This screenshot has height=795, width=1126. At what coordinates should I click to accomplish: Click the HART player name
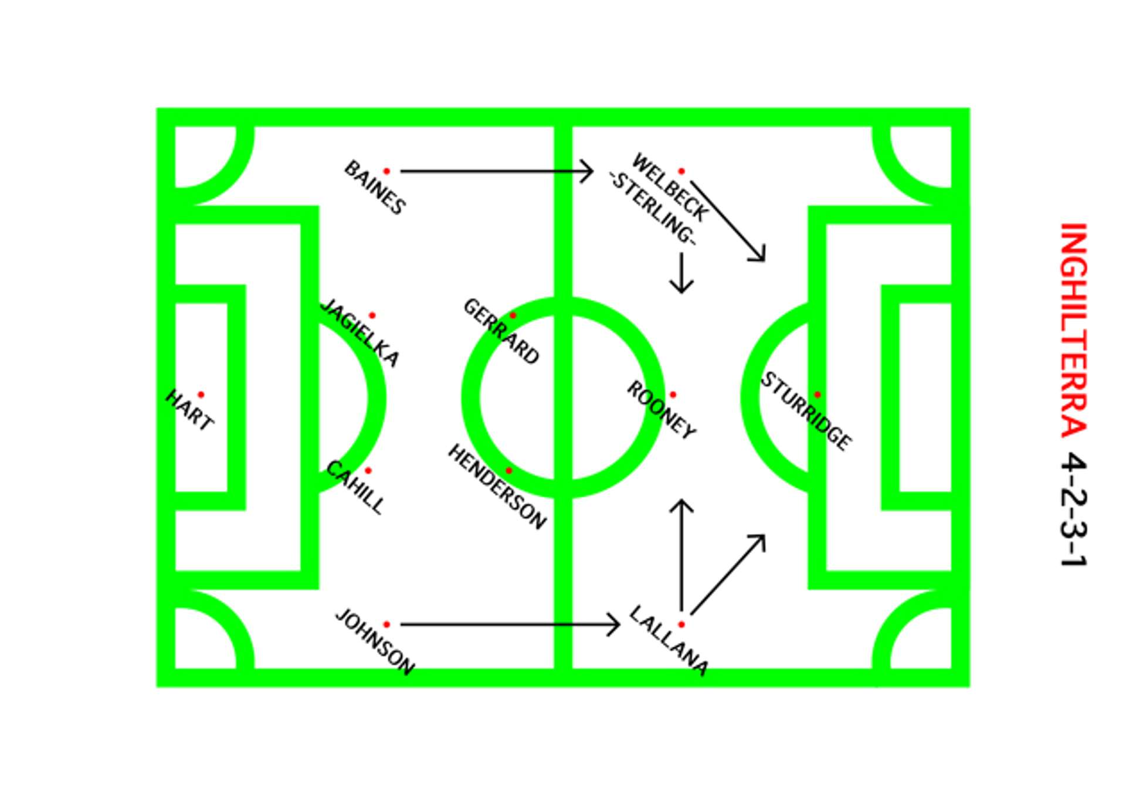(189, 410)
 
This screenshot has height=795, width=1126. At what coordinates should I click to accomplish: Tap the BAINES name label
(375, 188)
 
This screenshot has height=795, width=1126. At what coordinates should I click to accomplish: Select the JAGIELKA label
(360, 333)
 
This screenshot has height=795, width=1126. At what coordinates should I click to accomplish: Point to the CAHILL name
(355, 488)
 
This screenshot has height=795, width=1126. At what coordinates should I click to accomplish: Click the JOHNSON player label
(375, 642)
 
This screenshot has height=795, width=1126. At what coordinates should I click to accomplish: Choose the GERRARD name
(501, 331)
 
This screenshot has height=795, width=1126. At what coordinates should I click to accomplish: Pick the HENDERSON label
(497, 487)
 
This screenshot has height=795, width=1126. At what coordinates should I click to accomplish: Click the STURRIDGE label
(806, 412)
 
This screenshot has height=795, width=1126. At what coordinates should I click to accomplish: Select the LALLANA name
(669, 641)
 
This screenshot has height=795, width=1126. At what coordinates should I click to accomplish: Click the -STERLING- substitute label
(653, 208)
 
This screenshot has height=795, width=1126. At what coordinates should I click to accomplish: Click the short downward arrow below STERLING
(681, 273)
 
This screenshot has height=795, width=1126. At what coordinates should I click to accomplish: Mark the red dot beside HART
(201, 395)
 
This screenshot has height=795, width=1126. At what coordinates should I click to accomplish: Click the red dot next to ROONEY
(673, 395)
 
